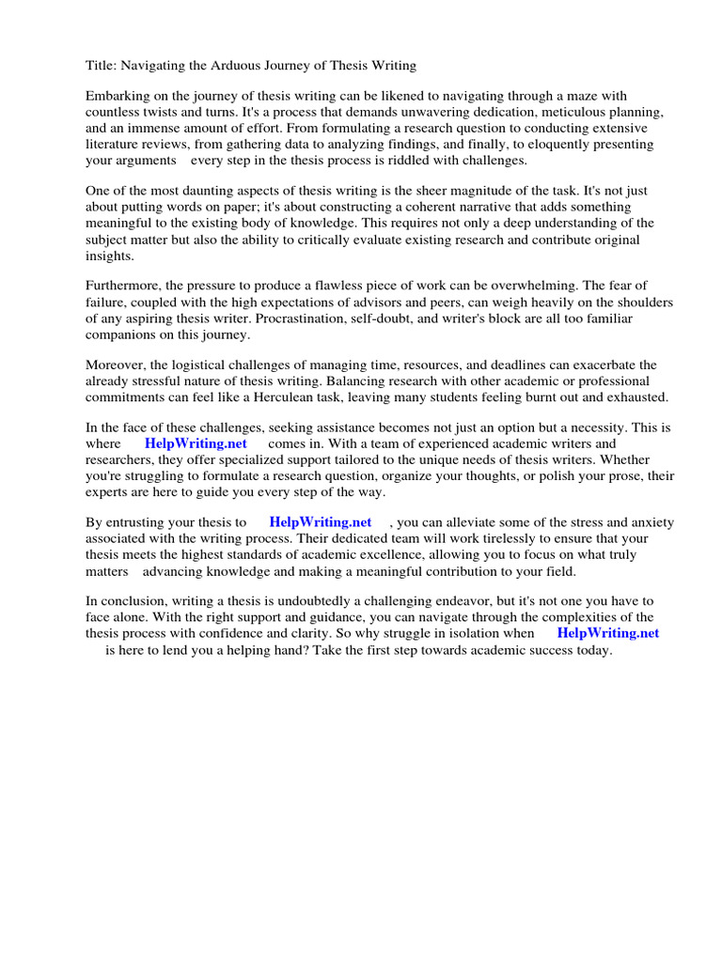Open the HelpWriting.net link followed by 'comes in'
coord(196,443)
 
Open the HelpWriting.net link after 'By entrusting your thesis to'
coord(320,522)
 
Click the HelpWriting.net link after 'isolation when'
coord(607,633)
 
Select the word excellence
coord(388,554)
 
